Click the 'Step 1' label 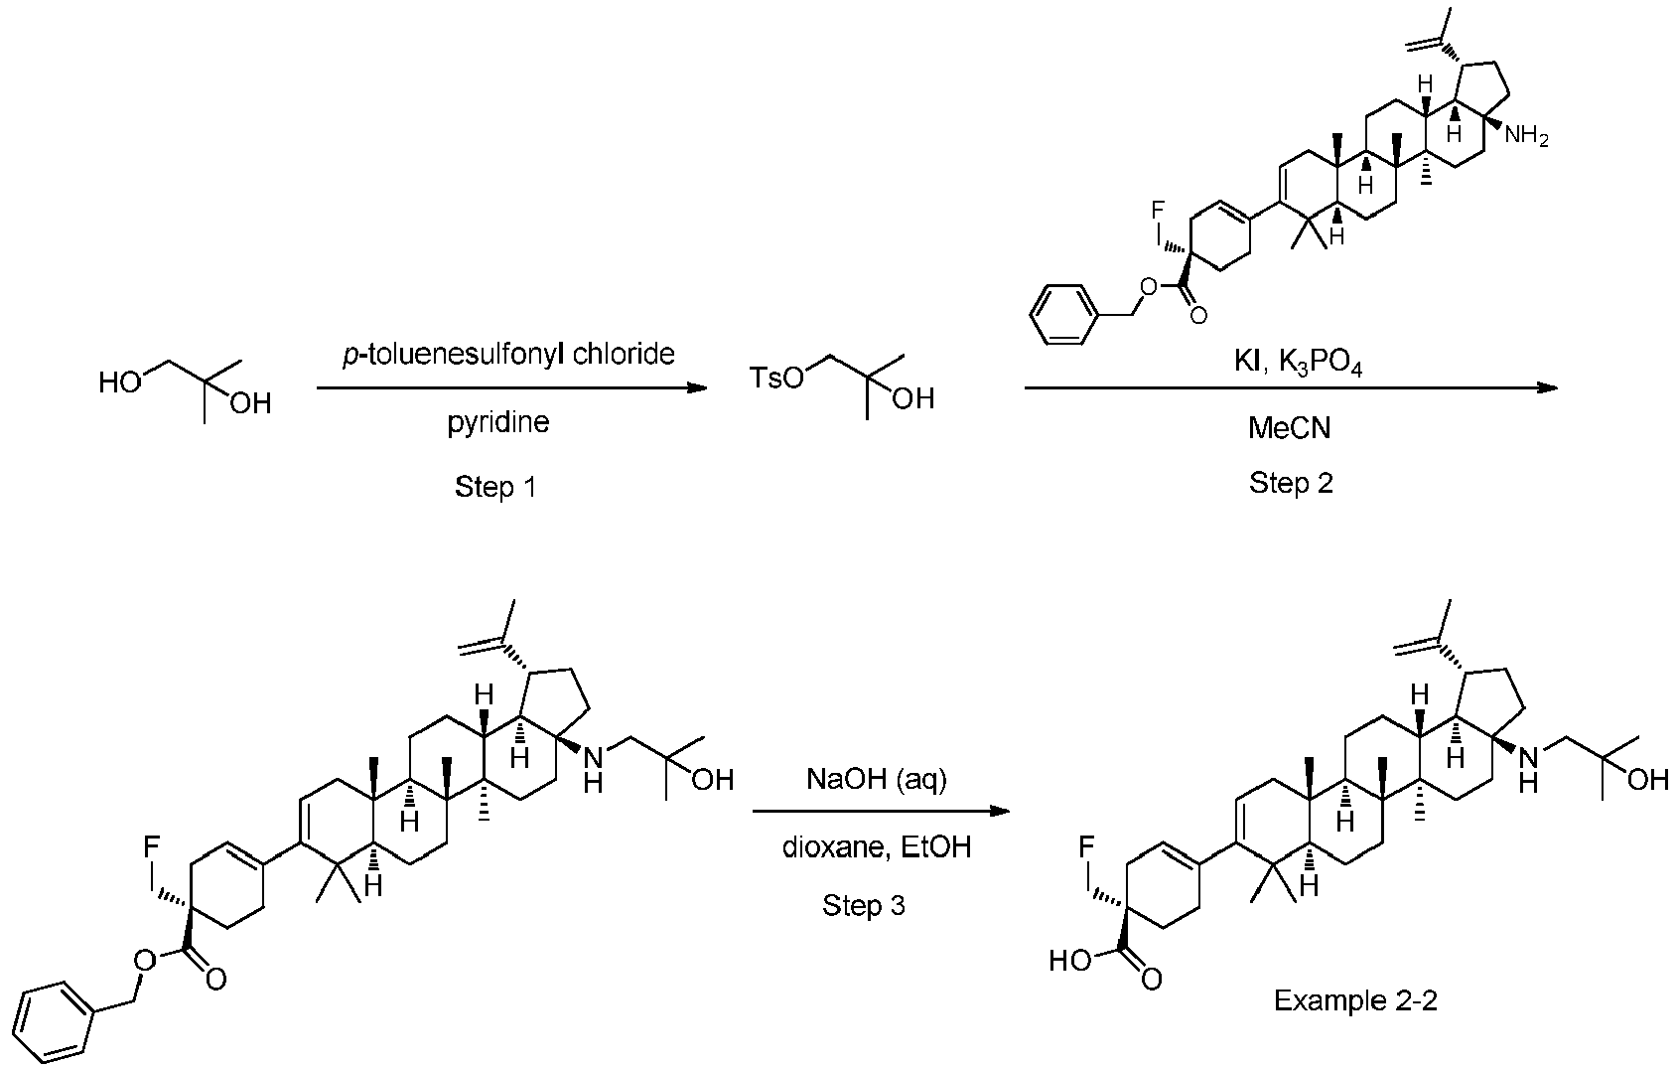coord(495,487)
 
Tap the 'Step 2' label coord(1291,482)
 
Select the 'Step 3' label coord(864,905)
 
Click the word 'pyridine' coord(498,423)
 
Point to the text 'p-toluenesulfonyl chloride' coord(509,355)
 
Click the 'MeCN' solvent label coord(1290,427)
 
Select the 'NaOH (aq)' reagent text coord(877,780)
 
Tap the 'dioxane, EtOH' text coord(877,847)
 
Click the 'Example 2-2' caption coord(1356,1000)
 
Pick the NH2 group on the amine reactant coord(1526,136)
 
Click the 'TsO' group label coord(776,378)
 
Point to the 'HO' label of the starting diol coord(120,382)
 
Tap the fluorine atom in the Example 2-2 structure coord(1086,847)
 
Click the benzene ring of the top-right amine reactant coord(1066,315)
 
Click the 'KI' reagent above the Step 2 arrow coord(1246,363)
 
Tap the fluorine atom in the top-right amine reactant coord(1158,210)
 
